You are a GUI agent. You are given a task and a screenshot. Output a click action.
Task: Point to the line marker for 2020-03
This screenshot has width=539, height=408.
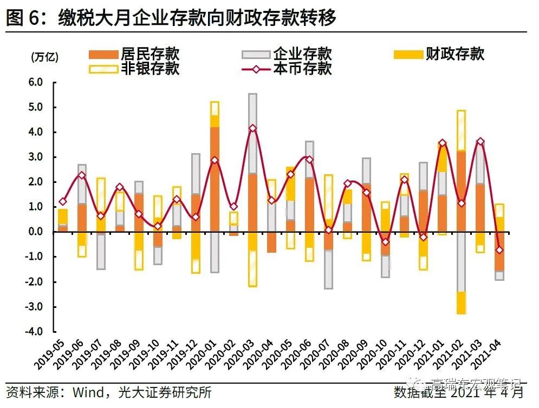pos(252,128)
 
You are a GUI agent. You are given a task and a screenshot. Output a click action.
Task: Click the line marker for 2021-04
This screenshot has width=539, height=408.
pos(499,250)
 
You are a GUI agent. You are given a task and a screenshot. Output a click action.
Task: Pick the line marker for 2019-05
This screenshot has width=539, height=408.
pos(63,201)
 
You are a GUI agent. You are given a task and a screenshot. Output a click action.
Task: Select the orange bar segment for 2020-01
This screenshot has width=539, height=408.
pos(215,179)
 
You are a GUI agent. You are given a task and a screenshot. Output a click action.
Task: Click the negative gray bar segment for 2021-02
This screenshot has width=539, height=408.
pos(462,262)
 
